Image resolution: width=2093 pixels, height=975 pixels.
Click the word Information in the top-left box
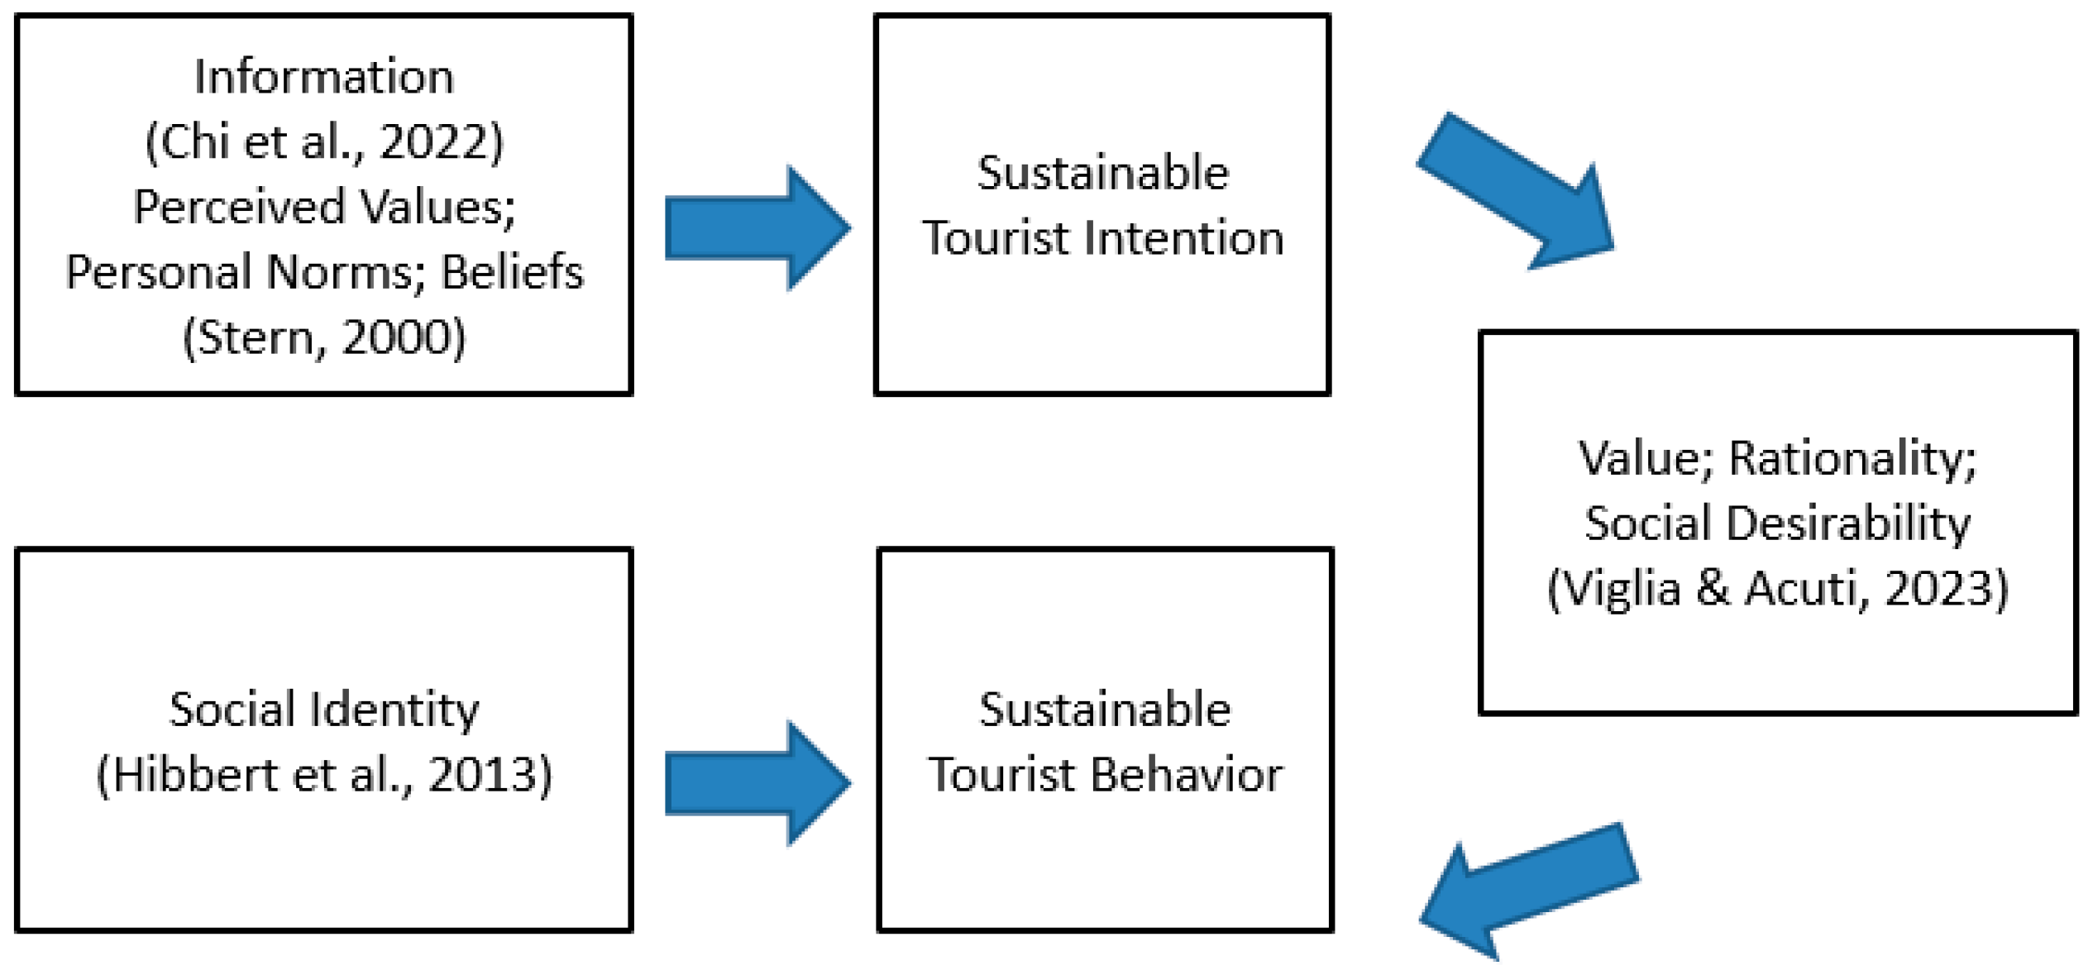pyautogui.click(x=323, y=77)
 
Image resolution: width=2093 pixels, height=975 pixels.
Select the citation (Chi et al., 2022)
pyautogui.click(x=323, y=142)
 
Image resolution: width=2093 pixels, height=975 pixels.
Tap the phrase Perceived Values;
pyautogui.click(x=323, y=207)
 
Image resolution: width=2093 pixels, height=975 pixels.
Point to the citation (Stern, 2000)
pyautogui.click(x=323, y=337)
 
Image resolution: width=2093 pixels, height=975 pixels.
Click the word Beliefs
pyautogui.click(x=512, y=272)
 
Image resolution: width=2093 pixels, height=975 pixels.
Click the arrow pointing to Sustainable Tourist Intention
pyautogui.click(x=756, y=228)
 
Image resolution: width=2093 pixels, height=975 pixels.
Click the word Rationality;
pyautogui.click(x=1852, y=458)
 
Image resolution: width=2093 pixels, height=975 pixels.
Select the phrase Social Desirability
pyautogui.click(x=1777, y=523)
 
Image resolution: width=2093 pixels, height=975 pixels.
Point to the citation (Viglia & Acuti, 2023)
pyautogui.click(x=1777, y=589)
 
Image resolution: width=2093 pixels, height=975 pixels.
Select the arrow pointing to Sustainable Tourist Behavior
pyautogui.click(x=756, y=783)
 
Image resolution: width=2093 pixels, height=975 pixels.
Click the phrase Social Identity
pyautogui.click(x=323, y=710)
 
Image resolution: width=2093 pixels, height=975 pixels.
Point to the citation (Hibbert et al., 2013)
pyautogui.click(x=323, y=775)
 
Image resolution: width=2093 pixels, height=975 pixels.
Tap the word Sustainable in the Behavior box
pyautogui.click(x=1105, y=710)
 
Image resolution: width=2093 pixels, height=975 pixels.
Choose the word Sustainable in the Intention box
pyautogui.click(x=1102, y=173)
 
